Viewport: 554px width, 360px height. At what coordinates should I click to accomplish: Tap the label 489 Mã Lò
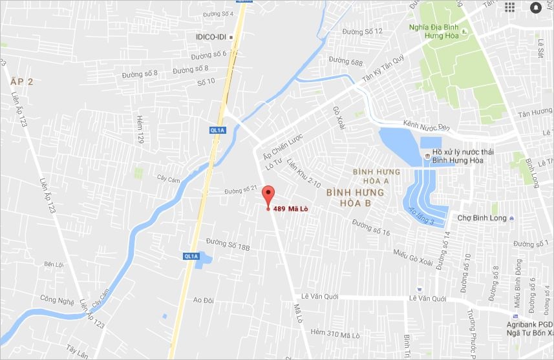[290, 208]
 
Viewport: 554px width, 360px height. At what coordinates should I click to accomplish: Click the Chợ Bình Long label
[482, 218]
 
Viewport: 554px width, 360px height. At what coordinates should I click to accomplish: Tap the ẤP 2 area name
[21, 81]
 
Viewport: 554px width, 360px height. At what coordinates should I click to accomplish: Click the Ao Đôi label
[203, 300]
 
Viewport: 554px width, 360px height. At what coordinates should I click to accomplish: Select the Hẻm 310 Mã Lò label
[335, 333]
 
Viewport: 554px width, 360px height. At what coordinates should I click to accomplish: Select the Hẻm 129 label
[140, 129]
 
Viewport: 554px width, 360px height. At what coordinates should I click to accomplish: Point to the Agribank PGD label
[529, 324]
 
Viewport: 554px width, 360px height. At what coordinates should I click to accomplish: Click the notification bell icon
[536, 8]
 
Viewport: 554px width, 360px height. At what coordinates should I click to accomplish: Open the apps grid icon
[510, 7]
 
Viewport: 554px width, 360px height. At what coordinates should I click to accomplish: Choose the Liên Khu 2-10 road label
[304, 173]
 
